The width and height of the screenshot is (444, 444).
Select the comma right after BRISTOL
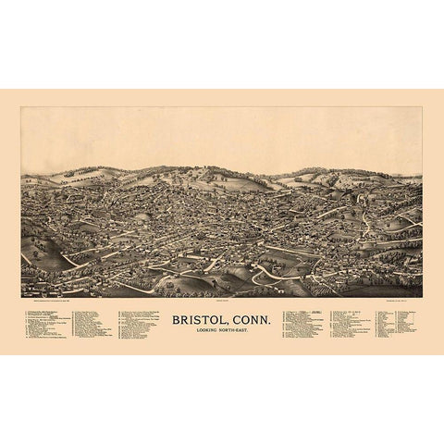click(227, 323)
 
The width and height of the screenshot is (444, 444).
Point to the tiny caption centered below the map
click(221, 300)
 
